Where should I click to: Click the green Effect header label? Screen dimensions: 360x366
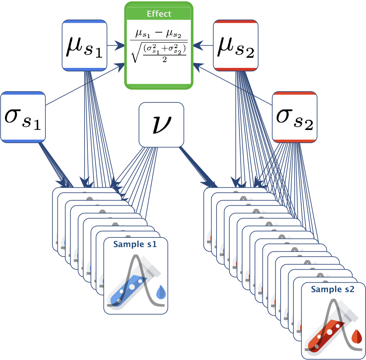159,14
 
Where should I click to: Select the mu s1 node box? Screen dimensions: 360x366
84,45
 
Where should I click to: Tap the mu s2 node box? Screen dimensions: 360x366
236,45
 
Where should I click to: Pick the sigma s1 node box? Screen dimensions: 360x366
23,117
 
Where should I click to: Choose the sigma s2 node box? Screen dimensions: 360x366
295,117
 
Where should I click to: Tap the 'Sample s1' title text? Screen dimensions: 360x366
135,245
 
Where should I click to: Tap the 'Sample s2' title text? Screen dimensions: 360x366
333,289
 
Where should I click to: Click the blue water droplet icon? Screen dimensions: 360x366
160,292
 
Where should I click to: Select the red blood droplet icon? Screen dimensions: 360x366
356,336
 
